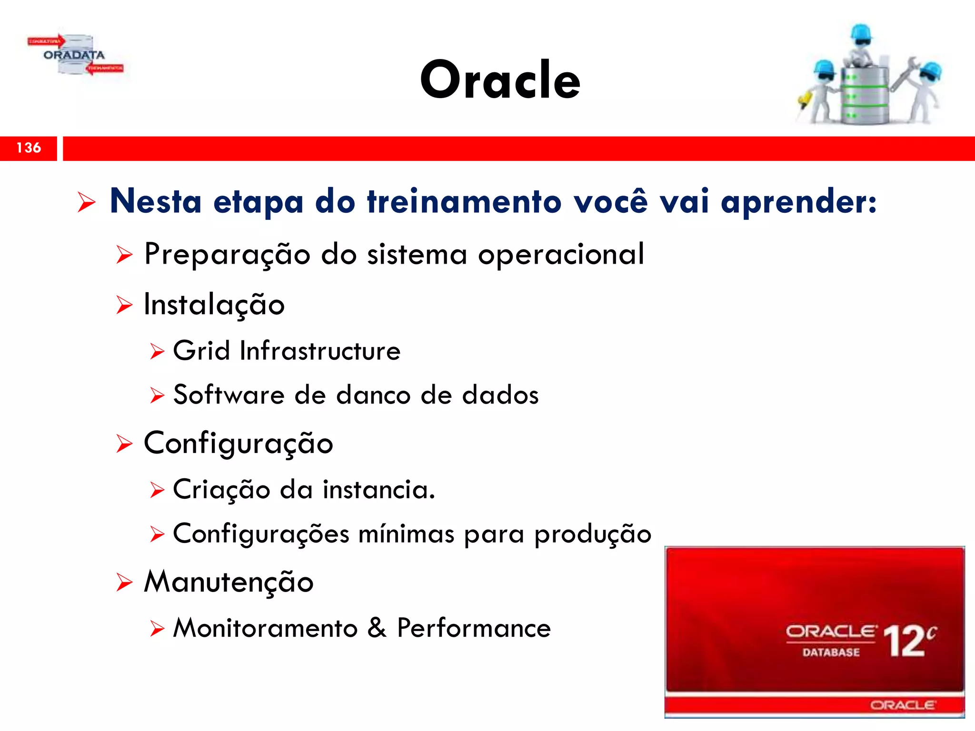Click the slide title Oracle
pos(500,80)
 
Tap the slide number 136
pos(29,148)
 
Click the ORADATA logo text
pos(74,55)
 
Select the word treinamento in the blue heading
pos(464,201)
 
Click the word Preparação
pos(228,255)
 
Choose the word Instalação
pos(214,305)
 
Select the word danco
pos(373,395)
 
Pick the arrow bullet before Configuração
pos(124,444)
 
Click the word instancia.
pos(378,490)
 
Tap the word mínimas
pos(406,534)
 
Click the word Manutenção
pos(229,582)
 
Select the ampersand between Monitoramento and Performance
pos(377,628)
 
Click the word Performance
pos(474,628)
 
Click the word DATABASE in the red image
pos(831,652)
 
